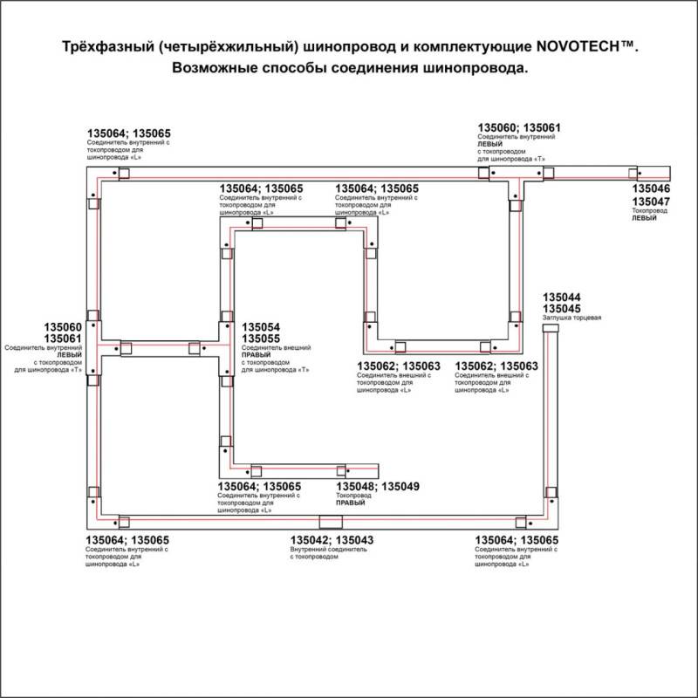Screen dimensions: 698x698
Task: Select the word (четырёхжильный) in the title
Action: pyautogui.click(x=229, y=48)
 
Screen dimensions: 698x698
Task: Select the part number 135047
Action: pyautogui.click(x=651, y=202)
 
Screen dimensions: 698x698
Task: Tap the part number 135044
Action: pyautogui.click(x=562, y=298)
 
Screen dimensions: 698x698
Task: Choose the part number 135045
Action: pyautogui.click(x=562, y=309)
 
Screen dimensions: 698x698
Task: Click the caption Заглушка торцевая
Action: pyautogui.click(x=571, y=318)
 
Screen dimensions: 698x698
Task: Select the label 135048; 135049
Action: pyautogui.click(x=378, y=487)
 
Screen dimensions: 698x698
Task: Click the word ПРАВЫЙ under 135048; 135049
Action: pyautogui.click(x=352, y=503)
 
